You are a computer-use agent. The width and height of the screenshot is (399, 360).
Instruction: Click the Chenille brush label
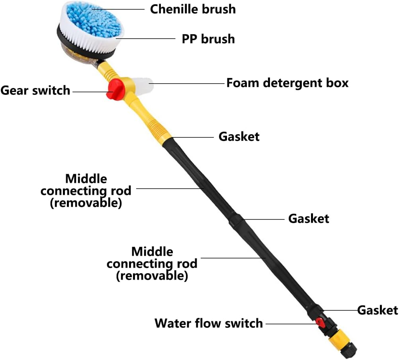(x=193, y=9)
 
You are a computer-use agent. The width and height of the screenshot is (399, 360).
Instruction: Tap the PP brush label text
(x=208, y=39)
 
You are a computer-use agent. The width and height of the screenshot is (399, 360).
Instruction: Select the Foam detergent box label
(x=287, y=83)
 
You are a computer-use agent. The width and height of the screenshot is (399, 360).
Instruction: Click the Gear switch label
(x=35, y=90)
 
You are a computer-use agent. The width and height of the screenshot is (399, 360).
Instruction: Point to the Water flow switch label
(x=209, y=323)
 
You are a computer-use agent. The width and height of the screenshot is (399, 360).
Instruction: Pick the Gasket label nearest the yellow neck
(x=239, y=137)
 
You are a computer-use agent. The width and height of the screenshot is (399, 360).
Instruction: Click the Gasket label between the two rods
(x=309, y=219)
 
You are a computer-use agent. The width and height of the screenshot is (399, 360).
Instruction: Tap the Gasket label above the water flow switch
(x=377, y=310)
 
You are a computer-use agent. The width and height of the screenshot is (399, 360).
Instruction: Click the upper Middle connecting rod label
(x=86, y=190)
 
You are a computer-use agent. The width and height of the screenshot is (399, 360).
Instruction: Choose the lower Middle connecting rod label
(x=152, y=264)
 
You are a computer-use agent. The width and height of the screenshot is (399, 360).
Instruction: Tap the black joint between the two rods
(x=236, y=220)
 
